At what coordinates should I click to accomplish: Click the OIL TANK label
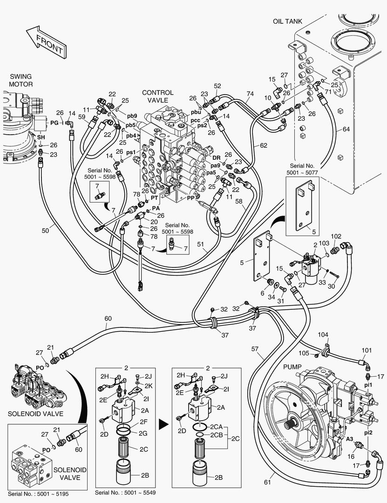point(287,21)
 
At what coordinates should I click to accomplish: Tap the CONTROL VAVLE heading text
point(157,96)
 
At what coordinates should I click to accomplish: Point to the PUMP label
point(293,367)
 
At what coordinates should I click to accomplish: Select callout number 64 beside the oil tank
point(346,129)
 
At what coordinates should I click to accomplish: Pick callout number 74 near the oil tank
point(250,94)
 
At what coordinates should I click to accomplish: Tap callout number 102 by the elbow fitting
point(336,236)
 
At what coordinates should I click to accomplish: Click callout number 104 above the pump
point(323,334)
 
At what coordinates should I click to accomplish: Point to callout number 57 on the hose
point(255,349)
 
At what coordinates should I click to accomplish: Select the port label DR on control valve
point(217,145)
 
